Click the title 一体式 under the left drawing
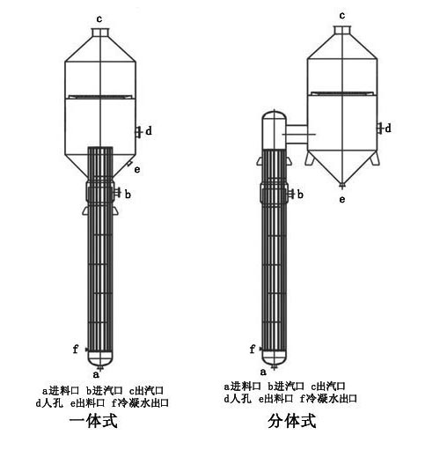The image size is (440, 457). pos(93,421)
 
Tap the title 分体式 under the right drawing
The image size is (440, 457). pos(292,421)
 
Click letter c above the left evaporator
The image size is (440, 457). pos(99,19)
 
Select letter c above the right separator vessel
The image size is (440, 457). pos(342,15)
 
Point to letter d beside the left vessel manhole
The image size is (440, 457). pos(149,131)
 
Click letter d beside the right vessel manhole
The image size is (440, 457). pos(388,129)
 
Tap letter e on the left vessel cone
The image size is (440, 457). pos(137,170)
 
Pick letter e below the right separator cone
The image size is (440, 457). pos(342,200)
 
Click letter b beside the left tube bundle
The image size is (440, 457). pos(128,195)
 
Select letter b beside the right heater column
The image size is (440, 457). pos(300,195)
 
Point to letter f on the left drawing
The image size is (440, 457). pos(76,349)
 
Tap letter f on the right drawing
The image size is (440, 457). pos(253,349)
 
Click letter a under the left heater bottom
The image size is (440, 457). pos(96,374)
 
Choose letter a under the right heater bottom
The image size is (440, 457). pos(263,372)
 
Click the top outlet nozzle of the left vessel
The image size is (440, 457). pos(100,32)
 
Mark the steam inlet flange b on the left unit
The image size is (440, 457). pos(118,193)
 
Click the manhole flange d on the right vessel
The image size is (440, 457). pos(380,129)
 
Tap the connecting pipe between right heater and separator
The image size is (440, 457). pos(297,135)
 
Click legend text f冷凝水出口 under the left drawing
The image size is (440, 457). pos(140,402)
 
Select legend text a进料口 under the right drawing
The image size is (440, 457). pos(242,386)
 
